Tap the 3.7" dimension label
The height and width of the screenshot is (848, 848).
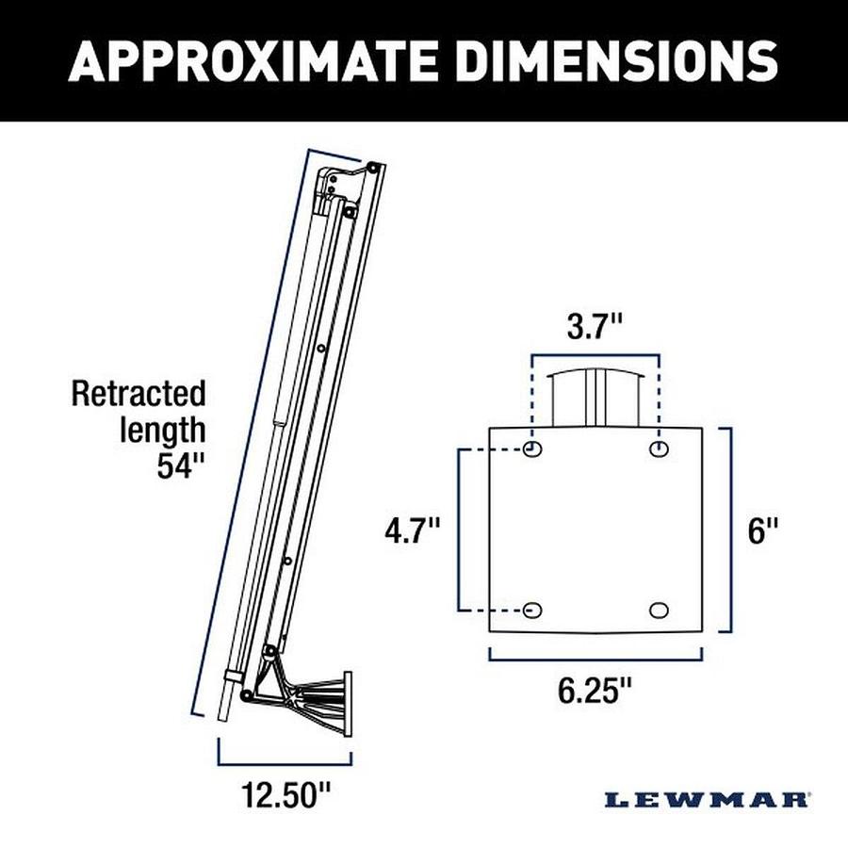[595, 328]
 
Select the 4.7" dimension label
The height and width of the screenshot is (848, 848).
[413, 530]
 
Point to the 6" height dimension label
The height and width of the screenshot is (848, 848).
[764, 530]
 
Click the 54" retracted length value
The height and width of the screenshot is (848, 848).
[180, 465]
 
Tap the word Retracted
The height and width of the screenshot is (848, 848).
[139, 392]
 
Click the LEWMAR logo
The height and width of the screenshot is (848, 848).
[707, 800]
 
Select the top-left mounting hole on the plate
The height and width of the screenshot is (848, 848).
[533, 448]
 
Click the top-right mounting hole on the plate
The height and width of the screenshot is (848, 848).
[660, 448]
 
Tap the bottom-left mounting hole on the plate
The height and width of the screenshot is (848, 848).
[533, 610]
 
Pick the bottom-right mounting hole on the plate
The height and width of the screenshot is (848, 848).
[660, 610]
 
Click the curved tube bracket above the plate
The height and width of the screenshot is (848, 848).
[595, 396]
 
